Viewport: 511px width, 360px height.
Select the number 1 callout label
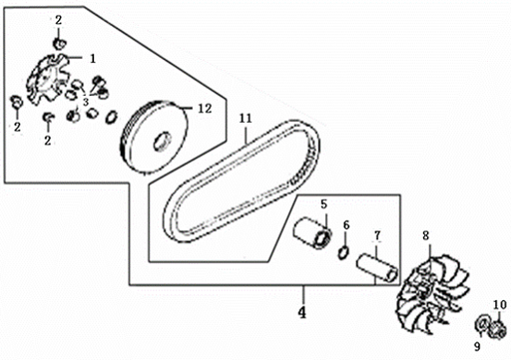click(x=93, y=58)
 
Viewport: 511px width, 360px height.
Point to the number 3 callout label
click(x=87, y=100)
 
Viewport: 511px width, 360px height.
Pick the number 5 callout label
click(x=323, y=204)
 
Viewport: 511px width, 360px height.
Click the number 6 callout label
click(x=345, y=224)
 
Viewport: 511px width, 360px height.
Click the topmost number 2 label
click(x=58, y=20)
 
